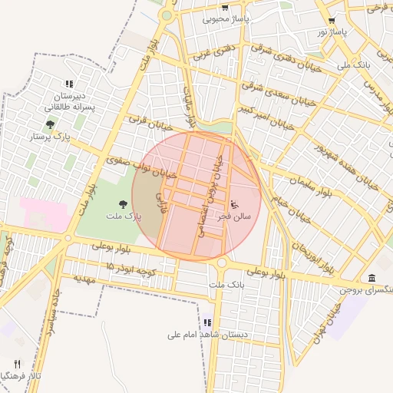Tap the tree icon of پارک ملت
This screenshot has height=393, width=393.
pos(123,203)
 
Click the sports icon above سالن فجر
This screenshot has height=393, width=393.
pos(234,204)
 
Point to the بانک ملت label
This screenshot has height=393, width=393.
pos(226,285)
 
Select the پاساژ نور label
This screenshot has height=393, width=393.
pos(333,32)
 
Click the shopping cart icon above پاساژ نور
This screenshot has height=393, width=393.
pos(332,21)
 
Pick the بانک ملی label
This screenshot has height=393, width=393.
pos(354,65)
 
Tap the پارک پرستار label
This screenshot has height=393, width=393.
pos(49,137)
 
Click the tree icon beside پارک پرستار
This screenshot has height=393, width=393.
pos(50,124)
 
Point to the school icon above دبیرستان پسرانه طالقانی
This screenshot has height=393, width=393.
pos(69,84)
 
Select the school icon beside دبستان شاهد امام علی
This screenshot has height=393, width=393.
pos(207,323)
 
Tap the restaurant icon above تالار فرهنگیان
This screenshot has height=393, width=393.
pos(17,364)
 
